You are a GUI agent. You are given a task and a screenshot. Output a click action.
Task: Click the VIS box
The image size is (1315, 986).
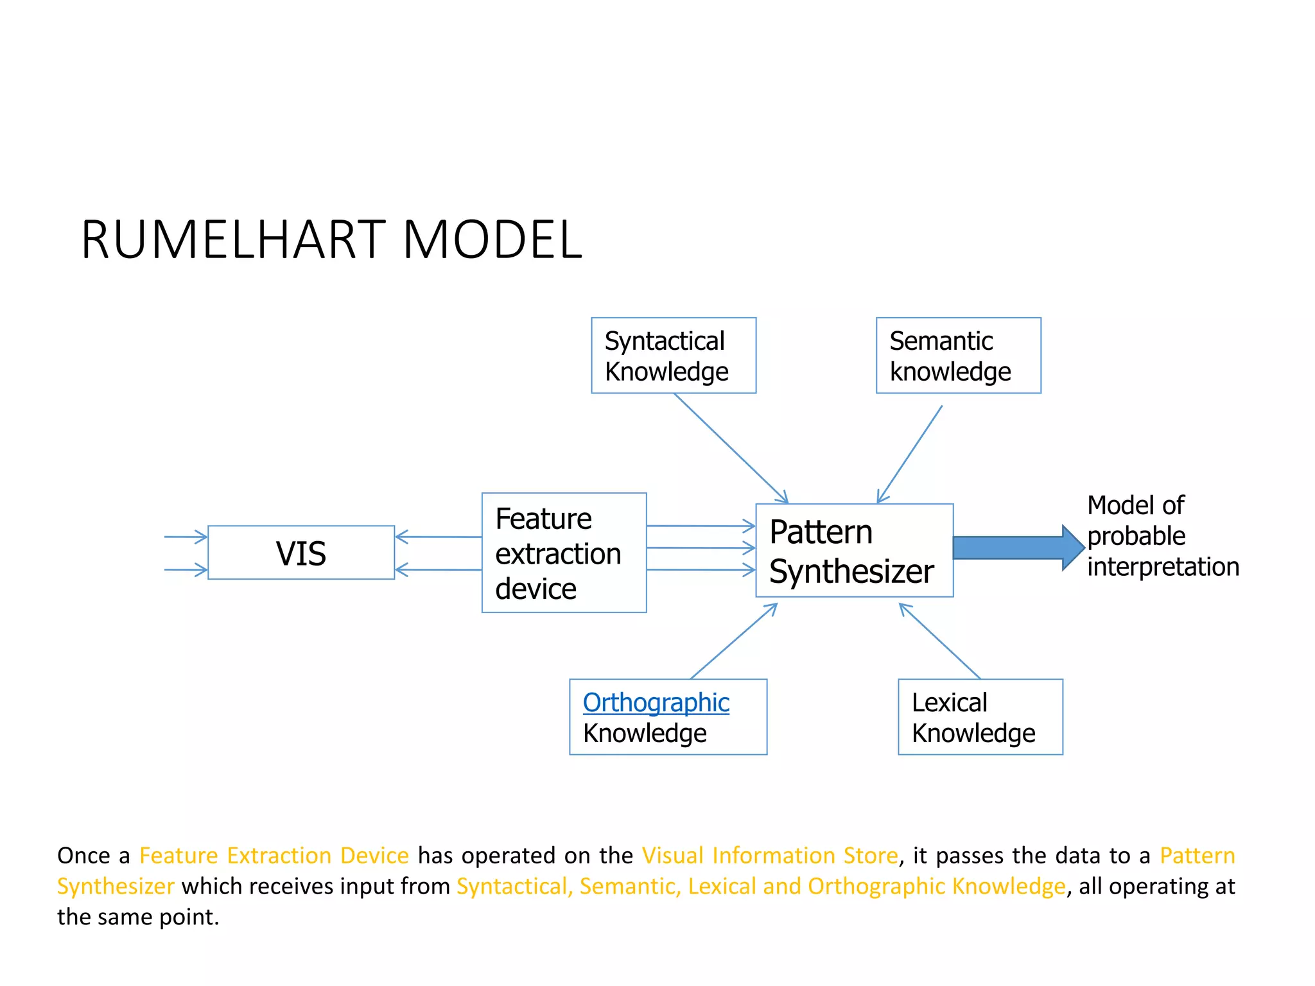point(300,553)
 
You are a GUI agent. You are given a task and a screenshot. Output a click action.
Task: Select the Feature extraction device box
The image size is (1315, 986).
point(564,553)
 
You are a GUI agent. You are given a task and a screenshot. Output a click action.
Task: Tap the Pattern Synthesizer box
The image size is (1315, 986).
point(854,551)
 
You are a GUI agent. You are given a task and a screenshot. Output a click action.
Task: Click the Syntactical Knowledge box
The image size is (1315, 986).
point(673,355)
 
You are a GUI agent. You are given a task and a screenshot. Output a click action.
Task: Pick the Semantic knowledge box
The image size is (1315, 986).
point(958,355)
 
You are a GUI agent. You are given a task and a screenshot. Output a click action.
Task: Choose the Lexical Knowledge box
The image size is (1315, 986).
point(980,717)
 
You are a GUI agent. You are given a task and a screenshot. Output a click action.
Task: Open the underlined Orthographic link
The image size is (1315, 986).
point(656,702)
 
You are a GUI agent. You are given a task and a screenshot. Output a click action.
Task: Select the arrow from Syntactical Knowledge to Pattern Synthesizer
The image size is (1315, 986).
point(731,448)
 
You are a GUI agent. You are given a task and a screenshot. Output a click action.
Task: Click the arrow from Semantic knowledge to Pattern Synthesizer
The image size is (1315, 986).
point(910,454)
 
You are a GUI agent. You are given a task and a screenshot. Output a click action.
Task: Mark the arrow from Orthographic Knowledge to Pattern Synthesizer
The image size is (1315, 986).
point(734,641)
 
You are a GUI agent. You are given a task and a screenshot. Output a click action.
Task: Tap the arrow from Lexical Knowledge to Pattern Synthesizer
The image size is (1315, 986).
point(939,641)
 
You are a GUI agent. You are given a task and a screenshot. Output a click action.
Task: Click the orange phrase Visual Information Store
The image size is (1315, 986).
point(769,856)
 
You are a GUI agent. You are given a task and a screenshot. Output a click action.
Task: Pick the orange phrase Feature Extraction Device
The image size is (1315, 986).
point(274,856)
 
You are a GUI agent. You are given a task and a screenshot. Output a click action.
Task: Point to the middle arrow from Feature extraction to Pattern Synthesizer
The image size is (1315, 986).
point(701,548)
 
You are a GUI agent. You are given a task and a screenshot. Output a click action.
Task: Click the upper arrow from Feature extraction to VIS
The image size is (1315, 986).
point(438,537)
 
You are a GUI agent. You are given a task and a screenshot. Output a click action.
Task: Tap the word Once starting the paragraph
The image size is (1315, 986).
point(83,856)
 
